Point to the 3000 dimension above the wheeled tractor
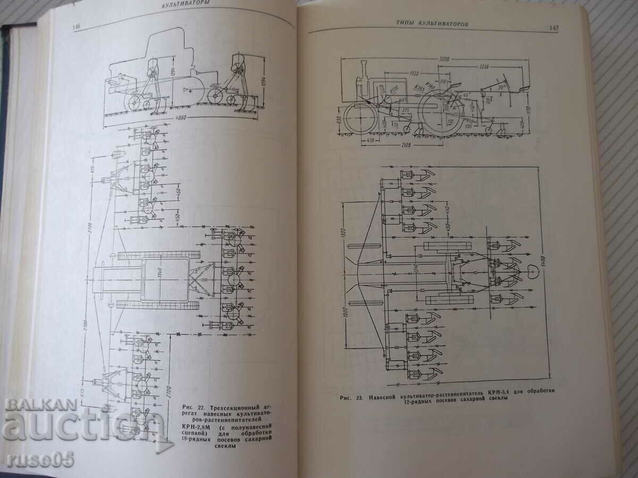[440, 58]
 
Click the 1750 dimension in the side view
[408, 72]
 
